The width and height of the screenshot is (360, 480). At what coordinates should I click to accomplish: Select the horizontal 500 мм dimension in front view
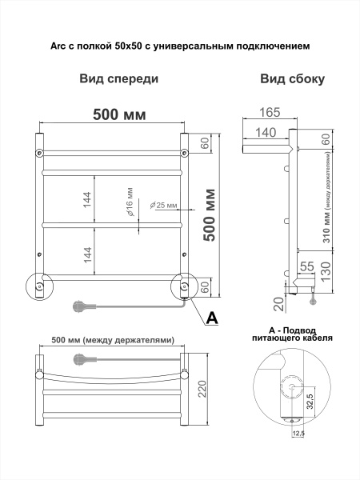coord(119,114)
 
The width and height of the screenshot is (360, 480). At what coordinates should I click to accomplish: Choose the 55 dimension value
coord(307,266)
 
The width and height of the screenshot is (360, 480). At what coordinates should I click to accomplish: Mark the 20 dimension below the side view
coord(278,302)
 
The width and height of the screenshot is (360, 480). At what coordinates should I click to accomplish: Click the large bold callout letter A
coord(211,318)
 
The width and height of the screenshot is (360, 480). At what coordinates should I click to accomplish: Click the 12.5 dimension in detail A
coord(298,434)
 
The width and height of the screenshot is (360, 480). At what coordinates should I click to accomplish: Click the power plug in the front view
coord(79,305)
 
